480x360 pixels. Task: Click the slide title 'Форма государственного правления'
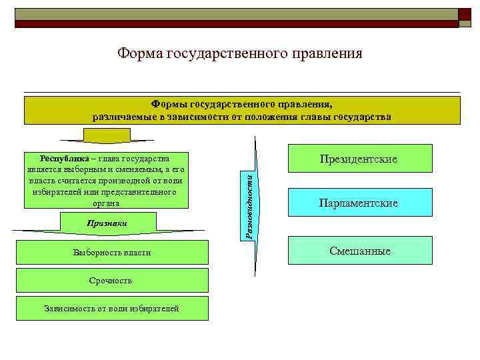point(239,53)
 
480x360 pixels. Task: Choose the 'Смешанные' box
point(360,251)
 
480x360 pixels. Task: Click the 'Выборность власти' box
point(112,253)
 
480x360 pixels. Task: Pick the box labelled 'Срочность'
point(112,281)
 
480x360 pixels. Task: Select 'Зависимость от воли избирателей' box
point(112,308)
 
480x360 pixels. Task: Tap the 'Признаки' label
point(107,223)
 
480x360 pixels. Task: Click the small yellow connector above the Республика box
point(102,135)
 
